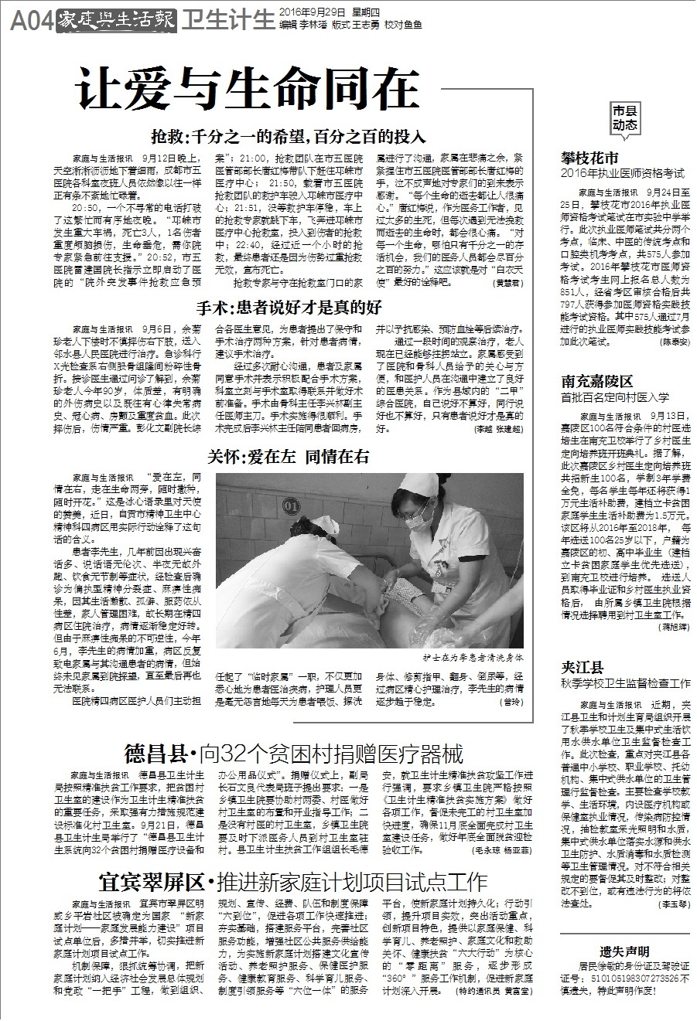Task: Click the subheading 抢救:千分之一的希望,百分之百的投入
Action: click(x=289, y=137)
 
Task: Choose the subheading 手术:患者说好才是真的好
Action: click(x=289, y=308)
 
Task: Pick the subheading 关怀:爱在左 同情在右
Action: click(x=289, y=456)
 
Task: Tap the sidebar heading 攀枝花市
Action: click(x=590, y=158)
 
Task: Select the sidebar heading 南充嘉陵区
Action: click(x=597, y=381)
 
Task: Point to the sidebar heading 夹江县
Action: click(x=583, y=668)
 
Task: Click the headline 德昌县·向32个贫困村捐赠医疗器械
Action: click(x=294, y=753)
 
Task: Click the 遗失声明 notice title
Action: click(x=624, y=951)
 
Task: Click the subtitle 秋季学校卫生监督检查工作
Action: click(x=626, y=684)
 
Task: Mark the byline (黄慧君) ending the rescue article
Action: click(x=508, y=284)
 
